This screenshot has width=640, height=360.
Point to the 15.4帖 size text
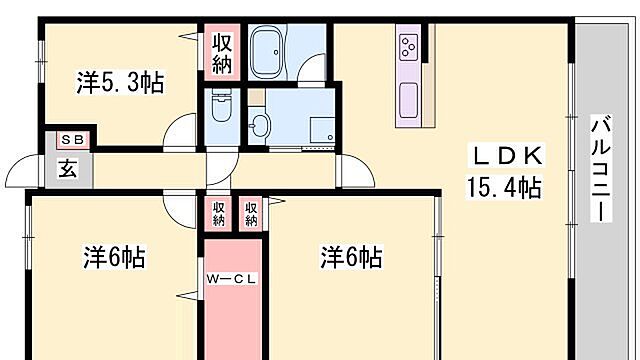tap(504, 186)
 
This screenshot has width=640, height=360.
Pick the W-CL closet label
tap(233, 279)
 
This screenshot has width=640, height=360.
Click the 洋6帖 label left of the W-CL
tap(113, 257)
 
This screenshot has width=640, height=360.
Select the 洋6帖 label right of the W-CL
tap(350, 257)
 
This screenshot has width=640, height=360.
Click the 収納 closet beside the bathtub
tap(222, 53)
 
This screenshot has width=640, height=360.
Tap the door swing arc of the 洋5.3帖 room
tap(182, 130)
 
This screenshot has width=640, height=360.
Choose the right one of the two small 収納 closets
tap(250, 212)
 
